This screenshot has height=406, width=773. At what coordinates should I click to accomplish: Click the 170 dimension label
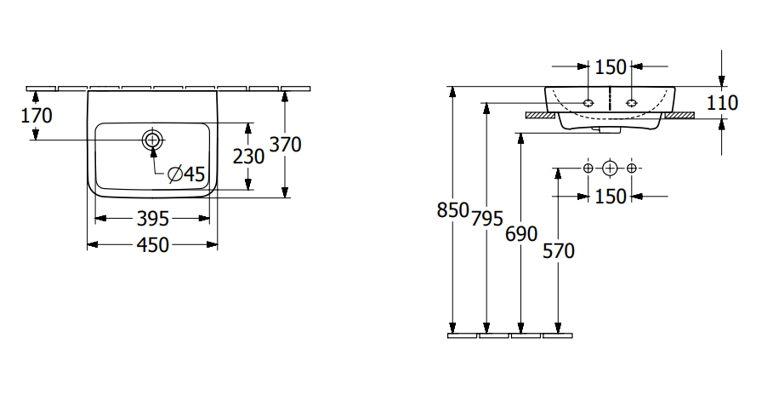click(x=37, y=116)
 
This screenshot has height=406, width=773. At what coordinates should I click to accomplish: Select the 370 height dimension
click(x=285, y=145)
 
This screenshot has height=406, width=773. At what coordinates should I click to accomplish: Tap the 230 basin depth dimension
click(x=248, y=157)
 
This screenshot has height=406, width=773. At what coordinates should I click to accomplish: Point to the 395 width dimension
click(x=153, y=219)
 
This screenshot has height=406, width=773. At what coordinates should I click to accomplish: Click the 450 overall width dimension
click(x=153, y=244)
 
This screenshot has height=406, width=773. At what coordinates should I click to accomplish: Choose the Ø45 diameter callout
click(x=186, y=174)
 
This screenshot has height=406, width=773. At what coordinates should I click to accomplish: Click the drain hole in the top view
click(x=153, y=140)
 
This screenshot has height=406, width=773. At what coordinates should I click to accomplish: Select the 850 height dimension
click(x=452, y=210)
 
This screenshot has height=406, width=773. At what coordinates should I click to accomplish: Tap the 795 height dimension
click(x=487, y=219)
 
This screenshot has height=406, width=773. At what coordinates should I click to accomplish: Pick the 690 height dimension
click(x=521, y=234)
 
